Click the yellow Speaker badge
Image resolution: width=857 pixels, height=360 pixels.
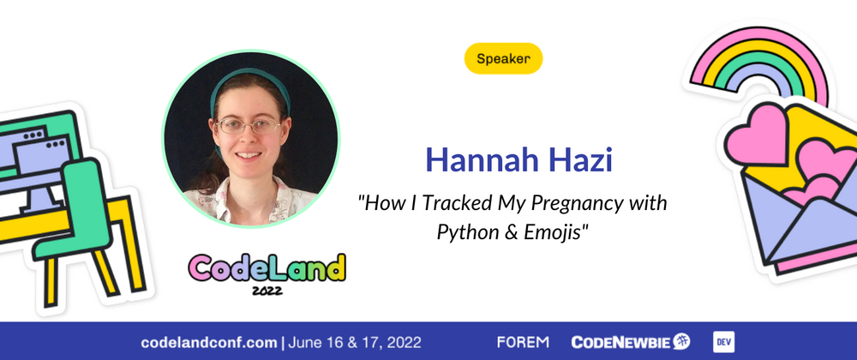pos(503,58)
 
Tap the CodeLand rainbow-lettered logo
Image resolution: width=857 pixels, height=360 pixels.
pos(267,267)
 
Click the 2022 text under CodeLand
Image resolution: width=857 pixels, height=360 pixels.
pos(267,291)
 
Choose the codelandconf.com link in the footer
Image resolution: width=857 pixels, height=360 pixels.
pos(209,343)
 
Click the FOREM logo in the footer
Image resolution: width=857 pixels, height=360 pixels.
pos(523,343)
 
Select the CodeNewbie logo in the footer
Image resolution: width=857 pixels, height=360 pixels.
pos(631,342)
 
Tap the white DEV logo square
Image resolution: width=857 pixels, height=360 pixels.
pos(723,342)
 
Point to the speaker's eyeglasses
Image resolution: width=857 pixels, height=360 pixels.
pos(249,126)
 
